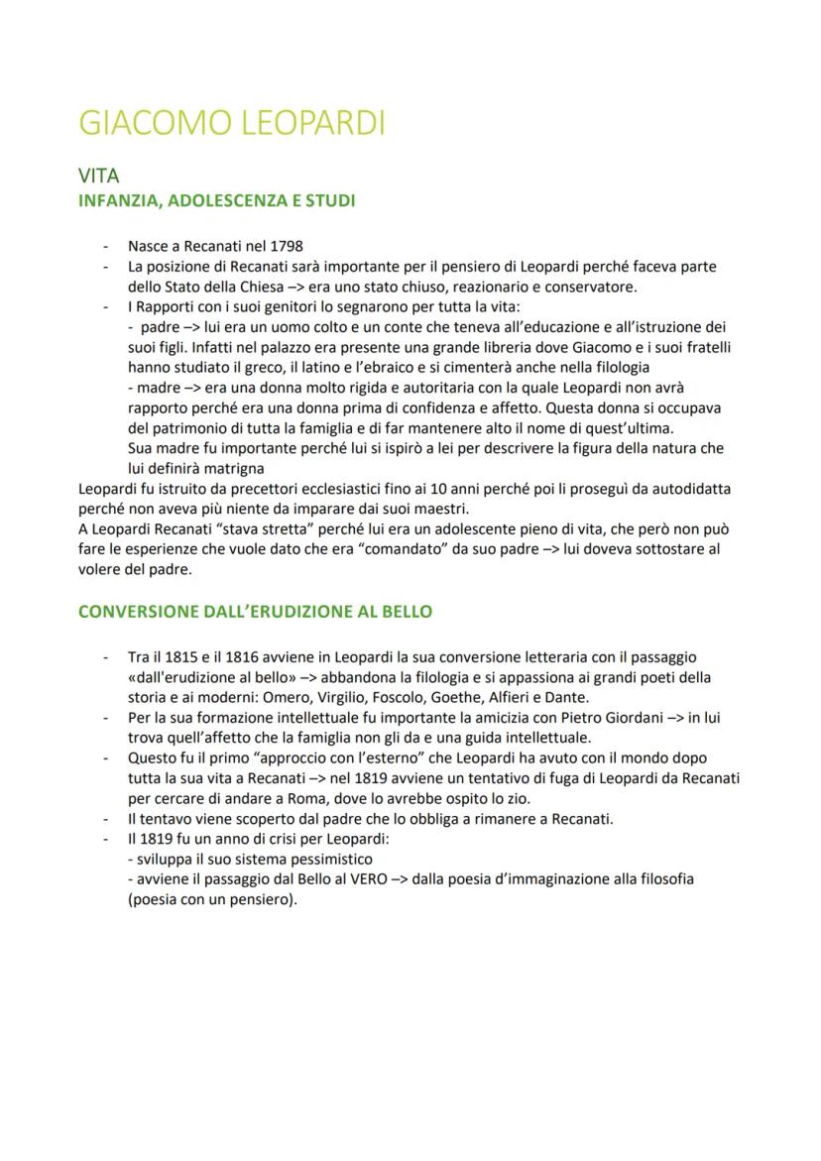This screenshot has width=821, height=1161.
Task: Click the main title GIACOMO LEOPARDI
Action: click(231, 123)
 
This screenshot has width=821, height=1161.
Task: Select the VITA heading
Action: click(98, 176)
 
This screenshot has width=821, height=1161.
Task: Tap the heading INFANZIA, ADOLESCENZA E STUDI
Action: click(216, 200)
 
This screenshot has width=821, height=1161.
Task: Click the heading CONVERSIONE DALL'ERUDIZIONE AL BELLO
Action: click(255, 611)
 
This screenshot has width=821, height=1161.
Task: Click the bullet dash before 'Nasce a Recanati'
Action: click(106, 246)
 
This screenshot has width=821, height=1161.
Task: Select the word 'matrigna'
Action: click(235, 469)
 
